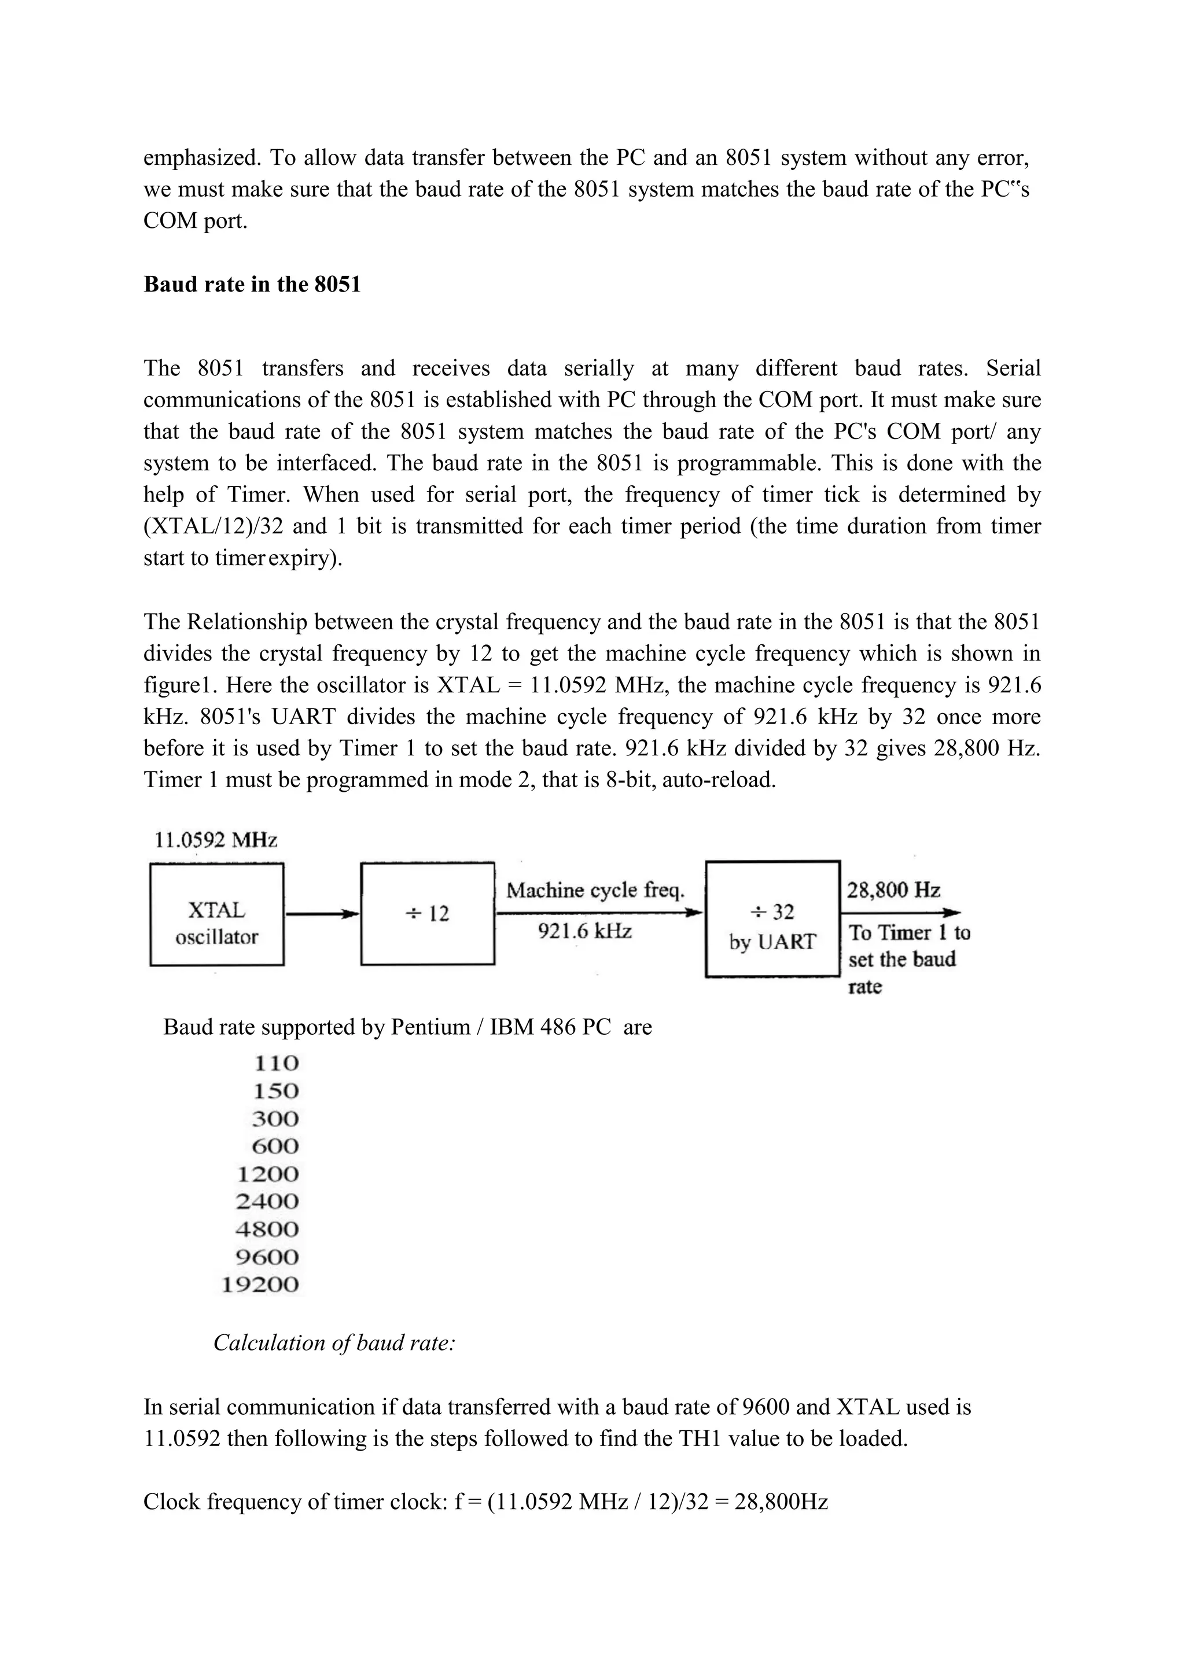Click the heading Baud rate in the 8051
[252, 285]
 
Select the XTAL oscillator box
[217, 915]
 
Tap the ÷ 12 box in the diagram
[428, 913]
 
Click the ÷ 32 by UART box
[772, 919]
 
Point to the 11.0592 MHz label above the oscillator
[216, 840]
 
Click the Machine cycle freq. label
[595, 890]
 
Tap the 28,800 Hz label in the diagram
[893, 890]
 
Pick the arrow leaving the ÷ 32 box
[900, 913]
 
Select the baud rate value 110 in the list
[277, 1064]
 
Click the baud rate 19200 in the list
[260, 1285]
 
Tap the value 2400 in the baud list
[268, 1201]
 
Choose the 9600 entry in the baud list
[268, 1257]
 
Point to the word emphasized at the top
[201, 157]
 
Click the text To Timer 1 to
[909, 933]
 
